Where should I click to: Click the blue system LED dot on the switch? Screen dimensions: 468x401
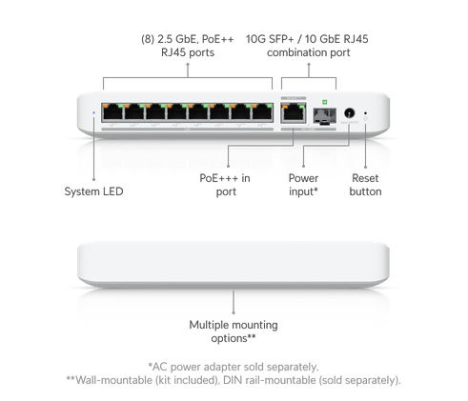tap(93, 112)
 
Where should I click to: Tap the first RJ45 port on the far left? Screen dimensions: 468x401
tap(112, 111)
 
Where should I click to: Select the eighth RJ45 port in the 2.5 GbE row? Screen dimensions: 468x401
tap(262, 111)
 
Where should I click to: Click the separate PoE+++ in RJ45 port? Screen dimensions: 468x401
tap(294, 112)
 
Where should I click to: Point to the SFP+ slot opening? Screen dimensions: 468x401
tap(324, 115)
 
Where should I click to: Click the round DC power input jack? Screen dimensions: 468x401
tap(350, 113)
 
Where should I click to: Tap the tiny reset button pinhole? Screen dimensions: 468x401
tap(365, 112)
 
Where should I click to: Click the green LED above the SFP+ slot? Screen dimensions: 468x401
tap(324, 102)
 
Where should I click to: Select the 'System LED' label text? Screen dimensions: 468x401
tap(93, 191)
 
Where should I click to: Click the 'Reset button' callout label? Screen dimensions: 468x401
tap(365, 185)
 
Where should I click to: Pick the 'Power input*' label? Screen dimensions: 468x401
tap(303, 185)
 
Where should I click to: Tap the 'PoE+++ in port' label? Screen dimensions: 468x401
tap(225, 185)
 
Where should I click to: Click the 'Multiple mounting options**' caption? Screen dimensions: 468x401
tap(234, 331)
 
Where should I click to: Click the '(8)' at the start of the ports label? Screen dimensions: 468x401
tap(148, 39)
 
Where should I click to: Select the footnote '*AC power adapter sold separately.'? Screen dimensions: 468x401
tap(234, 367)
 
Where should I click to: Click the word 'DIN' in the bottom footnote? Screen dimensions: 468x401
tap(231, 380)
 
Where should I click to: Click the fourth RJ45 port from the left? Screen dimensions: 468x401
tap(176, 111)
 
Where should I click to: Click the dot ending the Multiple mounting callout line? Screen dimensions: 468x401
tap(234, 312)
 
